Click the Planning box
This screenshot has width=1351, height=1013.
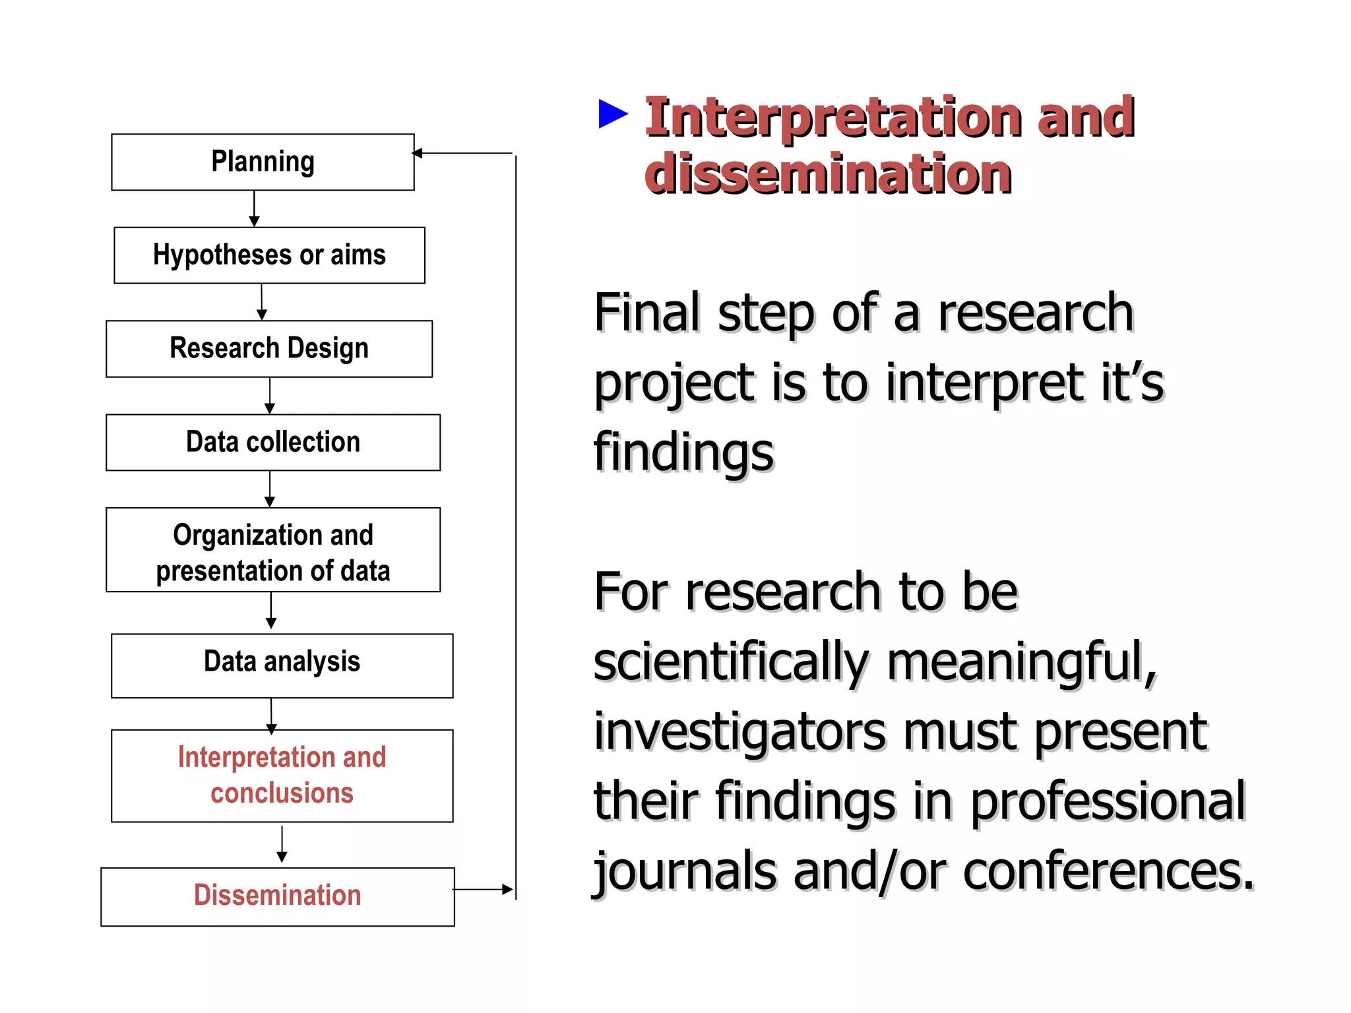tap(263, 162)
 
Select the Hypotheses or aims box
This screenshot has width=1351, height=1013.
tap(269, 255)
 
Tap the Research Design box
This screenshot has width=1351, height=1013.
tap(269, 349)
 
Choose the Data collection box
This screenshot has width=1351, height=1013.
tap(272, 443)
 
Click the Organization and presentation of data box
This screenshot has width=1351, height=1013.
tap(272, 550)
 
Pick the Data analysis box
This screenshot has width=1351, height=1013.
tap(282, 665)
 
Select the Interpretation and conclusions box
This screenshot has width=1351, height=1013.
tap(282, 776)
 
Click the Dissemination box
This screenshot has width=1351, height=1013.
tap(277, 897)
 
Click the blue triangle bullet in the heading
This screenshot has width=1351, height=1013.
tap(613, 114)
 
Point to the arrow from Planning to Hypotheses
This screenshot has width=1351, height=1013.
tap(254, 209)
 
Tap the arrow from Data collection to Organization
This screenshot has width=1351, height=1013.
tap(269, 489)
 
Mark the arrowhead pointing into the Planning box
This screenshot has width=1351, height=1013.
tap(418, 153)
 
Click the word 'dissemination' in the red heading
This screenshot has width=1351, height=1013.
tap(828, 174)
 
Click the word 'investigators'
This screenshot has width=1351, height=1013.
tap(739, 732)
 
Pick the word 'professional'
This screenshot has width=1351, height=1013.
tap(1108, 801)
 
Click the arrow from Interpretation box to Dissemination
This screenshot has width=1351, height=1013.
tap(282, 844)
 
